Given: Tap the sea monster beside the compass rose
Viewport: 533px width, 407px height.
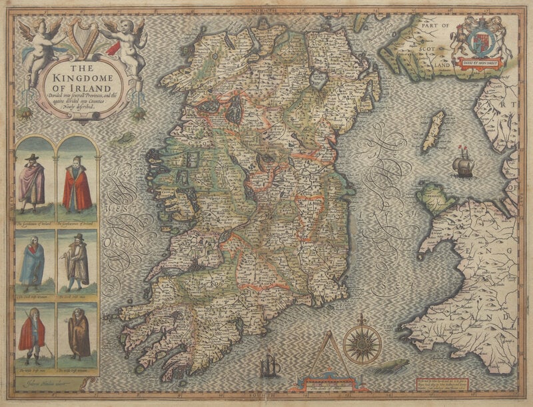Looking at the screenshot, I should click(x=390, y=366).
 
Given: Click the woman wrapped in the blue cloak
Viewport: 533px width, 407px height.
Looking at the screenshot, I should click(x=31, y=260).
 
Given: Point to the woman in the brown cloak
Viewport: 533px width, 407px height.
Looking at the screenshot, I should click(x=79, y=334).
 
